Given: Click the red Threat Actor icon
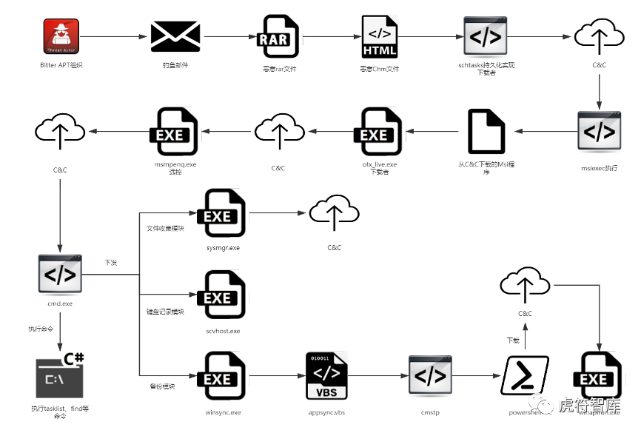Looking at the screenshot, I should tap(61, 36).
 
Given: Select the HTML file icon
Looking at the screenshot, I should tap(379, 36).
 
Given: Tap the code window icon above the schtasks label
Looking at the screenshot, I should tap(486, 36).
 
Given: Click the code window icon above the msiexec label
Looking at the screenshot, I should tap(600, 132).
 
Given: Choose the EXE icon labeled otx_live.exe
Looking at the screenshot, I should tap(379, 132).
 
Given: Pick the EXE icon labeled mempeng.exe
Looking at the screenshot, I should tap(175, 132).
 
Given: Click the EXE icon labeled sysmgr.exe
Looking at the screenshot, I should tap(222, 213).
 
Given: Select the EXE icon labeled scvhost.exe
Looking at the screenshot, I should tap(222, 295).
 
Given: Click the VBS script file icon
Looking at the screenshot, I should tap(326, 376).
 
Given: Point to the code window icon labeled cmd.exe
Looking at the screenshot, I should tap(60, 275).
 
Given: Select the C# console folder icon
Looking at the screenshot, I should tap(60, 376).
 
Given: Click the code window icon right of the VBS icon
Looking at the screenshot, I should tap(430, 376).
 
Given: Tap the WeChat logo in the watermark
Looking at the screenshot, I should tap(545, 405).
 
